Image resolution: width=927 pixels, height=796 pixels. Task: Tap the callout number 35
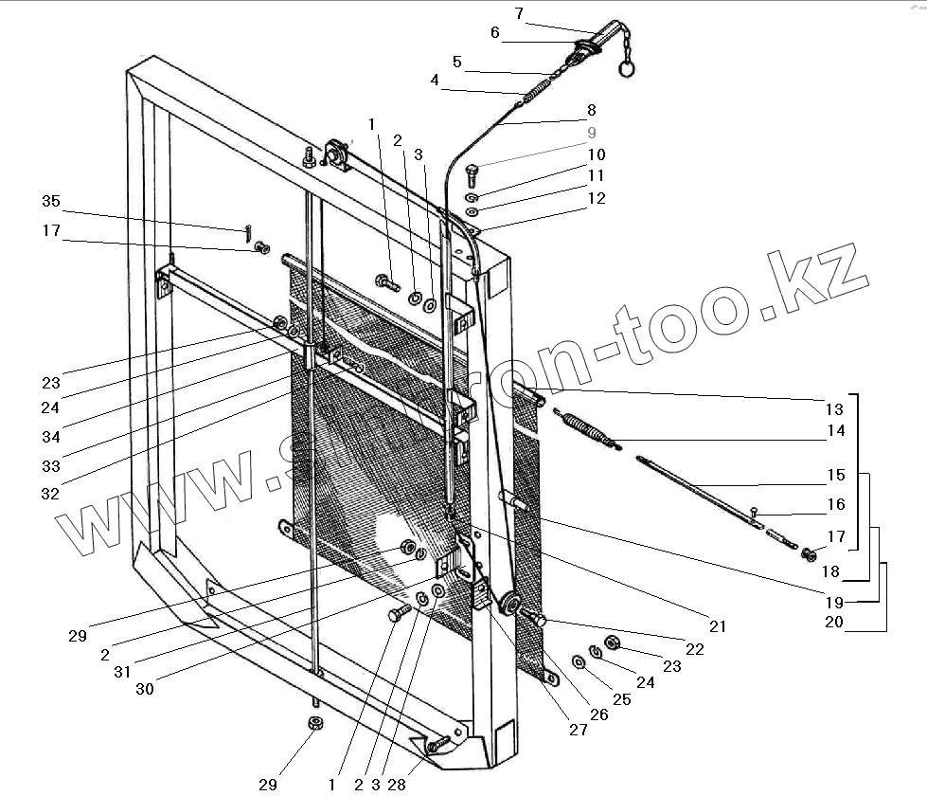click(x=50, y=201)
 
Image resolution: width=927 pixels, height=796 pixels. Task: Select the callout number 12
click(x=596, y=199)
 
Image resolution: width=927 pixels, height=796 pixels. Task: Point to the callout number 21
click(x=717, y=626)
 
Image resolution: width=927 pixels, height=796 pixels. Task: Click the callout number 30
click(x=144, y=689)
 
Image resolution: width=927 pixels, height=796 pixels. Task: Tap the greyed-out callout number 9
click(x=592, y=133)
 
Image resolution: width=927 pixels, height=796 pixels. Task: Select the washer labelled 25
click(x=578, y=660)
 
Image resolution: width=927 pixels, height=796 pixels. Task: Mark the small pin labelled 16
click(x=755, y=513)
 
